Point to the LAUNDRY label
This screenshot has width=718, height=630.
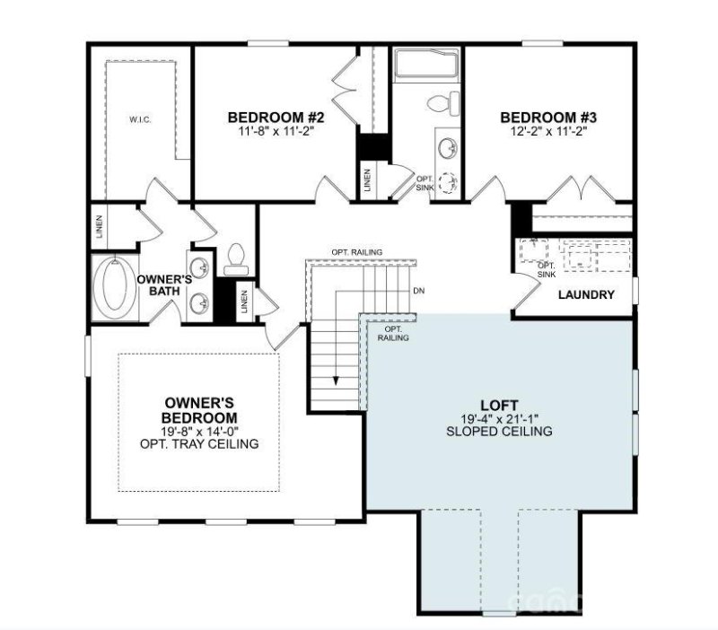click(586, 294)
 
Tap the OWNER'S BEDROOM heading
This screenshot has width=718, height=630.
click(199, 410)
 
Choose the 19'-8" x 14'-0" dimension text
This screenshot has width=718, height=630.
click(199, 431)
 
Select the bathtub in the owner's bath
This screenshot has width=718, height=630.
click(115, 285)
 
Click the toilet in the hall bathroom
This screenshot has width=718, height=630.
click(440, 103)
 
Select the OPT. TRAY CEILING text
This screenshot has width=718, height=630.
click(199, 444)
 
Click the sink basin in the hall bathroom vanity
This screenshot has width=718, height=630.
click(445, 145)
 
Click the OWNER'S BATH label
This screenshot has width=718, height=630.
click(164, 285)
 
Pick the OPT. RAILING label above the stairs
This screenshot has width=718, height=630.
click(356, 252)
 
